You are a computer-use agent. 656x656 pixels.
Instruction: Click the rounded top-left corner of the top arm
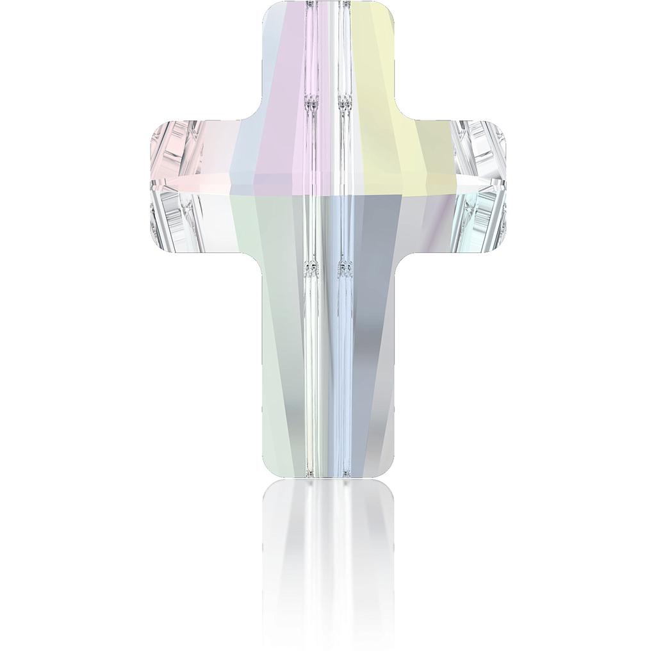268,9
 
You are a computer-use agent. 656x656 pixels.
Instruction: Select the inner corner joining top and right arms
393,118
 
